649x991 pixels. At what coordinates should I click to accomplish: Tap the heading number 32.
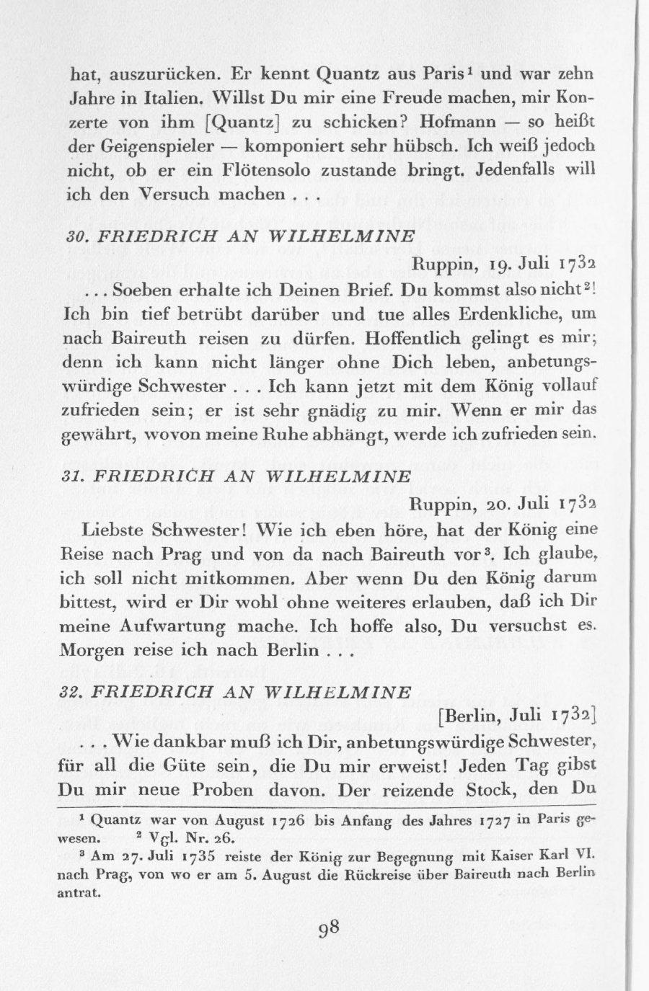[75, 692]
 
